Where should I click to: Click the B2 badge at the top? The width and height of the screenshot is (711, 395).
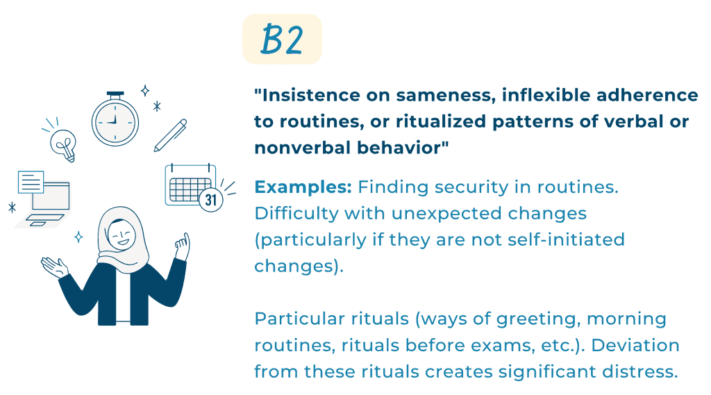click(282, 39)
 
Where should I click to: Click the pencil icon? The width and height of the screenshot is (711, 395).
click(171, 135)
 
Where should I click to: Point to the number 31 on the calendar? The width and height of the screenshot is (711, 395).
click(211, 200)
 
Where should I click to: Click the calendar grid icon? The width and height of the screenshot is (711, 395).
click(190, 185)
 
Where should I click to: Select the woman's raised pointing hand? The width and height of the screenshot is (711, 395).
click(183, 246)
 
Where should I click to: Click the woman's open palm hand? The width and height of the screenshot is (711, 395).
click(54, 267)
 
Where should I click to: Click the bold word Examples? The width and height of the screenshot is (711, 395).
click(303, 187)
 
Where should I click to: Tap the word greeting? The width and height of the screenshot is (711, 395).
click(538, 319)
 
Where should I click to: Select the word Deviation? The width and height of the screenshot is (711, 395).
click(635, 346)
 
